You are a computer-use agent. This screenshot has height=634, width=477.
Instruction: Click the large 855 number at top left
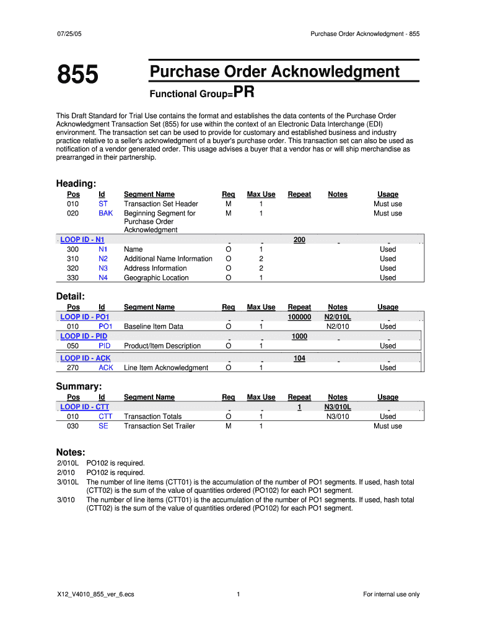pos(77,76)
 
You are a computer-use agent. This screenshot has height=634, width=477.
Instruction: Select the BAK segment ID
pos(105,214)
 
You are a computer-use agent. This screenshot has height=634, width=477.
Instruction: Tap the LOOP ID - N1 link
pos(82,240)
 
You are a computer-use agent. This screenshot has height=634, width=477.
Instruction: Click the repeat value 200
pos(299,240)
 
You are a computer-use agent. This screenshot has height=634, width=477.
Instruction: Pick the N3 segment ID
pos(103,269)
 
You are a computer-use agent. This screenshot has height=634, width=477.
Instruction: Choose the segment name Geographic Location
pos(156,278)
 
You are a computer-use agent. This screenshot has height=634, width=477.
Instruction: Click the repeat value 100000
pos(299,317)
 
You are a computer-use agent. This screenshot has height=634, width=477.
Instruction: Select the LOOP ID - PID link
pos(84,336)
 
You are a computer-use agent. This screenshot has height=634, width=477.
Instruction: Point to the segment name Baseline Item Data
pos(154,326)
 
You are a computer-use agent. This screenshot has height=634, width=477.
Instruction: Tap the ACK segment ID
pos(106,368)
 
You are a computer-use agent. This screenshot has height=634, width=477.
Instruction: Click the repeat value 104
pos(299,358)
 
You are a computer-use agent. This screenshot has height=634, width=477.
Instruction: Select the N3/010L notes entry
pos(338,407)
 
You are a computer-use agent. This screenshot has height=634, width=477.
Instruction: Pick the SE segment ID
pos(103,426)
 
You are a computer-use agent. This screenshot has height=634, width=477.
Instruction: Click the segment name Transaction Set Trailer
pos(159,426)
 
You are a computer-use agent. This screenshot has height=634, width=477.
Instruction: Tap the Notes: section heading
pos(71,453)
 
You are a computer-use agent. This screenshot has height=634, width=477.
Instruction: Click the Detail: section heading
pos(71,297)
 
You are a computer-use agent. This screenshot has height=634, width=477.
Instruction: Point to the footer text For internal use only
pos(391,594)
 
